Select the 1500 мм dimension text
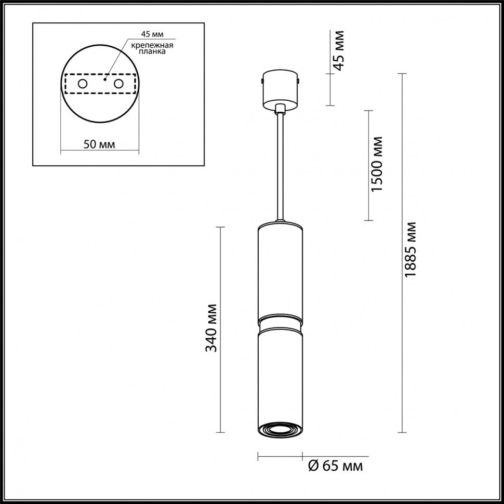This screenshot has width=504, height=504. (x=378, y=165)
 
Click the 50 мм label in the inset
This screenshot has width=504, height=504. (x=99, y=144)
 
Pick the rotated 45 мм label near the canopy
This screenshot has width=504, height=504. (x=338, y=50)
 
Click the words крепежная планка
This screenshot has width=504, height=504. (x=151, y=49)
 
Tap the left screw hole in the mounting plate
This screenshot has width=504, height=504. (x=82, y=84)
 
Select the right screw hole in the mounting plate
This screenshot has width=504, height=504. (x=118, y=84)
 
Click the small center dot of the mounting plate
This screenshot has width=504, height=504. (x=105, y=80)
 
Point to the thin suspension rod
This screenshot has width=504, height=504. (x=280, y=166)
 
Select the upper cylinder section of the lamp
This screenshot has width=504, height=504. (x=280, y=270)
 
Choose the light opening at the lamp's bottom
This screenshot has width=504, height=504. (x=280, y=430)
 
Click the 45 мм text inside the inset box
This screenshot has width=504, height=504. (x=152, y=35)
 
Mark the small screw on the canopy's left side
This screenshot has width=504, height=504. (x=261, y=81)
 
